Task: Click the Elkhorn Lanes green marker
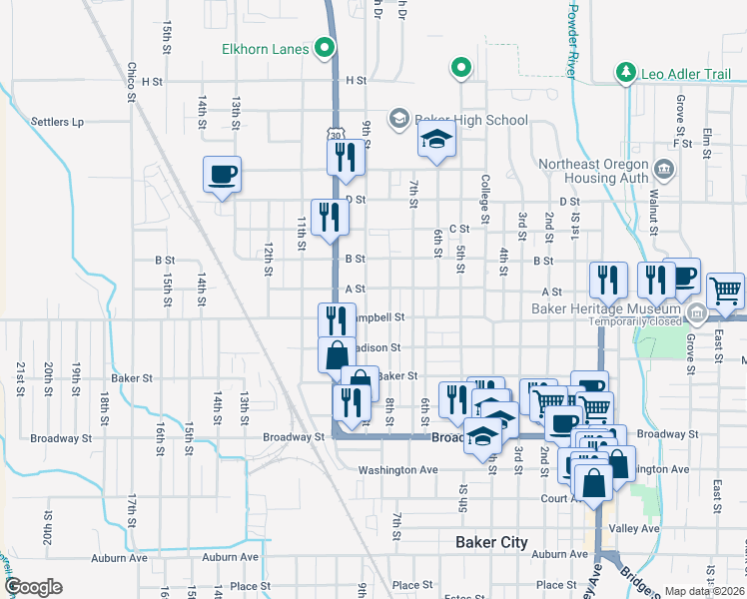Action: click(x=324, y=47)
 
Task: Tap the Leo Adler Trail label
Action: click(x=679, y=72)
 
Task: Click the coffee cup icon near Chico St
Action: click(x=223, y=175)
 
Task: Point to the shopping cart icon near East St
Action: click(x=726, y=291)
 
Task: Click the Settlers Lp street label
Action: click(x=56, y=122)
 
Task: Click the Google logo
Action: click(x=33, y=587)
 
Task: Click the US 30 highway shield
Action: click(x=335, y=133)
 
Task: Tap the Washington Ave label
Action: click(x=397, y=469)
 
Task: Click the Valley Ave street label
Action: click(x=635, y=528)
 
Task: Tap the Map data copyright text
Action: click(x=705, y=591)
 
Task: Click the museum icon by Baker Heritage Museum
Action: click(x=696, y=315)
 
